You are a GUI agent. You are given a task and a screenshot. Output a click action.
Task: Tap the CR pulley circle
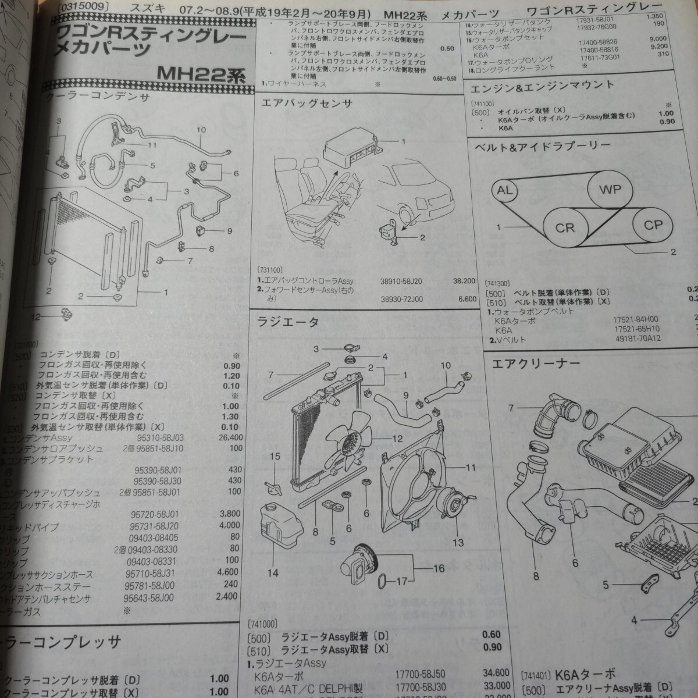coord(565,228)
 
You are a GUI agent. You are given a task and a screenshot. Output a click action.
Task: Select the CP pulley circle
coord(653,225)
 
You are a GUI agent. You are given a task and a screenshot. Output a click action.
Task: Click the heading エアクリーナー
coord(536,364)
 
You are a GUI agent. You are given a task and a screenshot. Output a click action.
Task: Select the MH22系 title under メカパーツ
coord(201,74)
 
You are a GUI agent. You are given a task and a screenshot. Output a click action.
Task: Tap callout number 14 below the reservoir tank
coord(273,573)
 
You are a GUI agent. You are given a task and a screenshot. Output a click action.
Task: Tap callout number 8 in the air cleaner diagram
coord(535,578)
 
